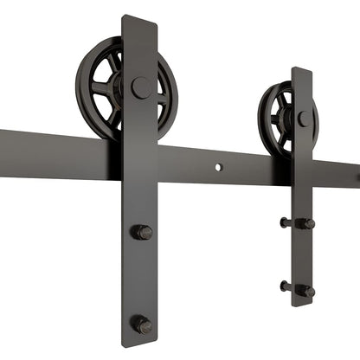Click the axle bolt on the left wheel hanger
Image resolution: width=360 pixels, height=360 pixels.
(141, 87)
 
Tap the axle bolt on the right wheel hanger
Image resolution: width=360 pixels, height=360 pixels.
(304, 119)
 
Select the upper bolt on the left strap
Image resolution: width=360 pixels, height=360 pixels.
(142, 232)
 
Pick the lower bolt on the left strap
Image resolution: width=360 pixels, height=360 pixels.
(142, 325)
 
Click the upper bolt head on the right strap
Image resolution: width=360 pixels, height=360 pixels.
(305, 223)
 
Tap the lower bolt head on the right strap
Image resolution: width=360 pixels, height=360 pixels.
(305, 291)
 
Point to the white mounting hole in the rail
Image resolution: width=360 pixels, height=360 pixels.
(219, 165)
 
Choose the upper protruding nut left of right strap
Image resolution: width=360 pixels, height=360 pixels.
(285, 222)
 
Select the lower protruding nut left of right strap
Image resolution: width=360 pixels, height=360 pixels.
(285, 286)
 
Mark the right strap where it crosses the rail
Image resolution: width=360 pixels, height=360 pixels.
(302, 173)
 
